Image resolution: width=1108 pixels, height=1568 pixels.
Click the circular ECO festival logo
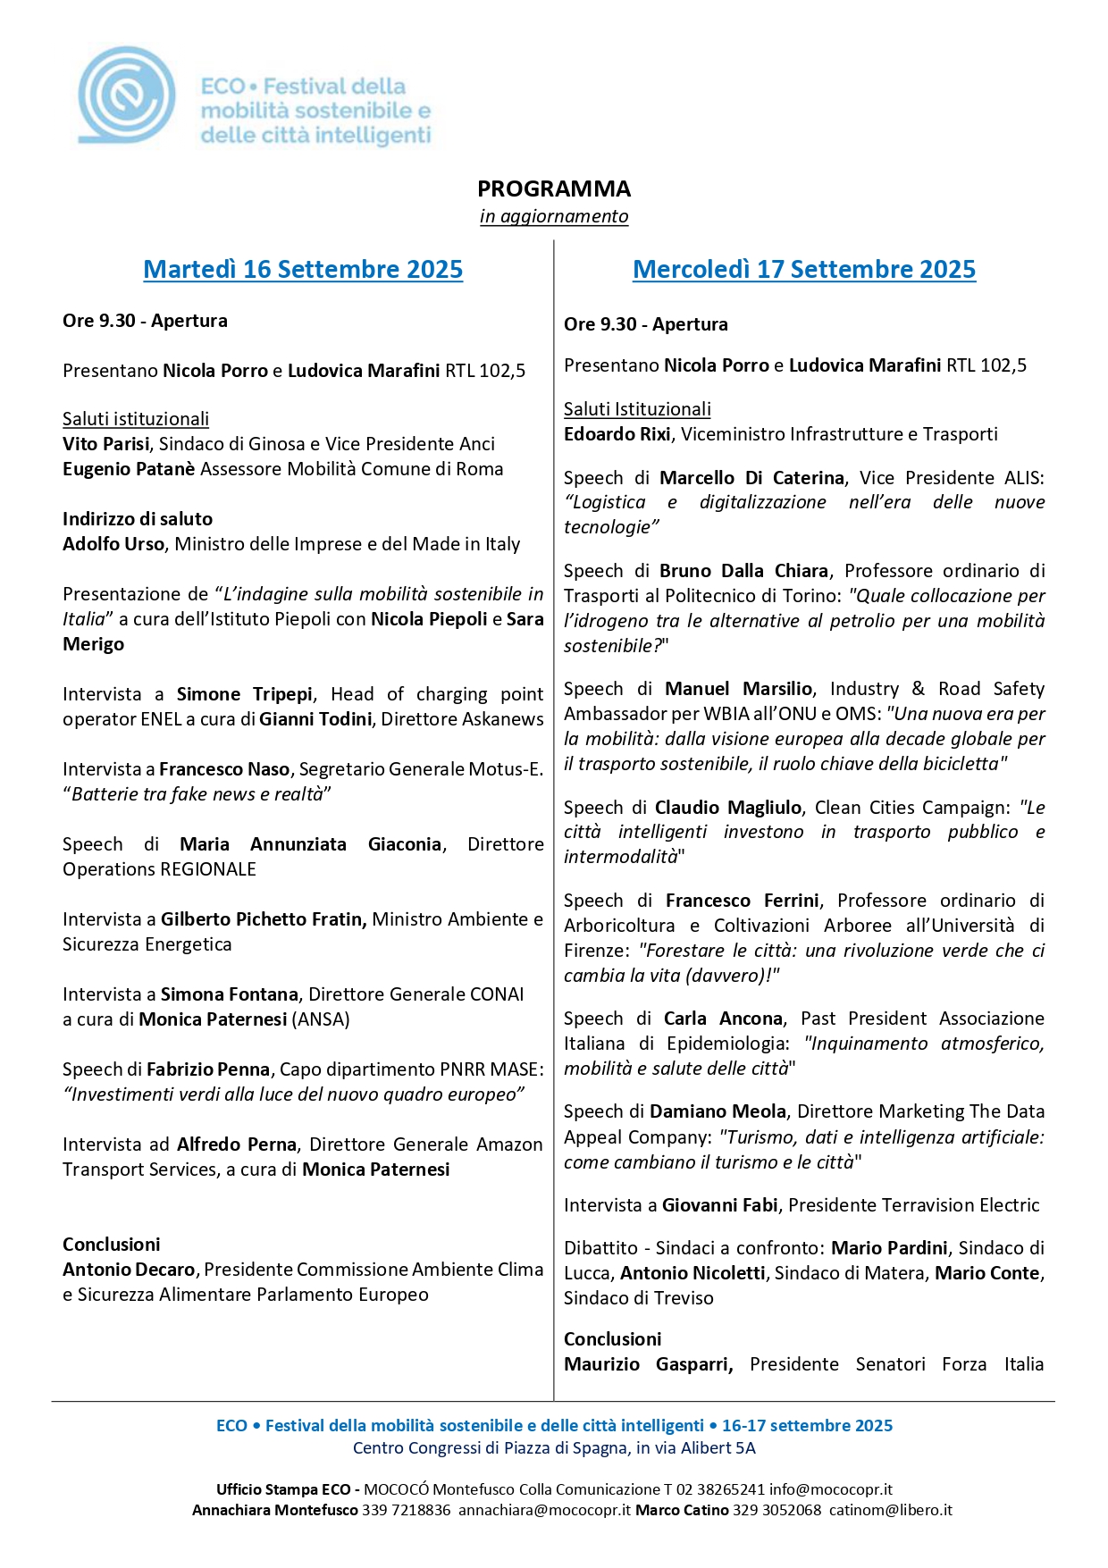[x=126, y=95]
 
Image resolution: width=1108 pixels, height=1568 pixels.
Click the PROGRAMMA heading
[x=553, y=189]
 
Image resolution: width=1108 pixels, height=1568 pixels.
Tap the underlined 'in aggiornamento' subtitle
[x=553, y=216]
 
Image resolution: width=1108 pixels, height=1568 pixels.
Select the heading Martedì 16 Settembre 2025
[x=303, y=269]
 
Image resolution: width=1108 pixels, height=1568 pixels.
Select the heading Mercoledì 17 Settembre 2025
[x=803, y=269]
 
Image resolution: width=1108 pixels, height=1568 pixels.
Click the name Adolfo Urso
[x=113, y=544]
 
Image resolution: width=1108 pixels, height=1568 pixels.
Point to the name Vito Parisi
[x=105, y=444]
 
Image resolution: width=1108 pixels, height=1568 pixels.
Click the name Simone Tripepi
[x=244, y=694]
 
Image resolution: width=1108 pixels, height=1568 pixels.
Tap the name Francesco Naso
[x=224, y=769]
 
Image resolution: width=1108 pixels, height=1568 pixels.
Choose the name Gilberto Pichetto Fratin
[x=264, y=919]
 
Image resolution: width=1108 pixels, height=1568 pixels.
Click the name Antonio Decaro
[x=129, y=1270]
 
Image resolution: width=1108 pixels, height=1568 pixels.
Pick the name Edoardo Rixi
[x=617, y=434]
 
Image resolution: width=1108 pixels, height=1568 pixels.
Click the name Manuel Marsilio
[x=738, y=689]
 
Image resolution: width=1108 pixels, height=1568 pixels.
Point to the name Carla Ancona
[x=723, y=1019]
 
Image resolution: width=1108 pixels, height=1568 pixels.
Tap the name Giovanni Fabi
[x=719, y=1205]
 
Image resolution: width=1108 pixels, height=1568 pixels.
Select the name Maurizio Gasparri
[x=648, y=1364]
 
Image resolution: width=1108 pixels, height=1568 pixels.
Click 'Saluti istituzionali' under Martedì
[x=136, y=419]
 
